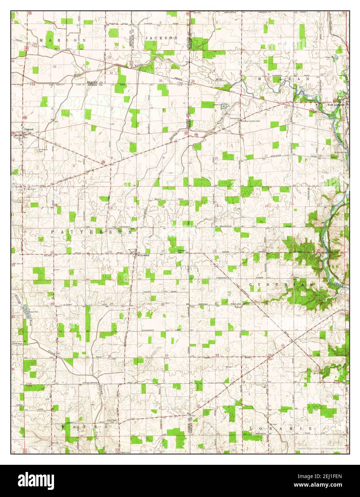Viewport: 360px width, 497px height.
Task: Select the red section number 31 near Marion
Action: coord(55,67)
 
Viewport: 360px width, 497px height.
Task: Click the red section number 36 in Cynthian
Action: coord(318,354)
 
